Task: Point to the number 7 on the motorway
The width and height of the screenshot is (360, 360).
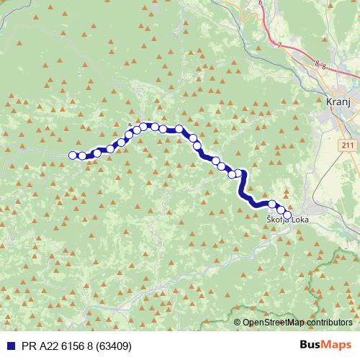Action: click(x=279, y=45)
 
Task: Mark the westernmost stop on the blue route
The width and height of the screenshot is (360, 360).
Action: click(x=72, y=155)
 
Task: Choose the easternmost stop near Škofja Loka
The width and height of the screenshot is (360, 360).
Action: click(x=287, y=215)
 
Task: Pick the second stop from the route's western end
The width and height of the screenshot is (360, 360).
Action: click(x=81, y=156)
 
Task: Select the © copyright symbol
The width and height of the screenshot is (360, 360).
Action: click(x=238, y=323)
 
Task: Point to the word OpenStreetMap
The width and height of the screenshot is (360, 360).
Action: click(x=273, y=323)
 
